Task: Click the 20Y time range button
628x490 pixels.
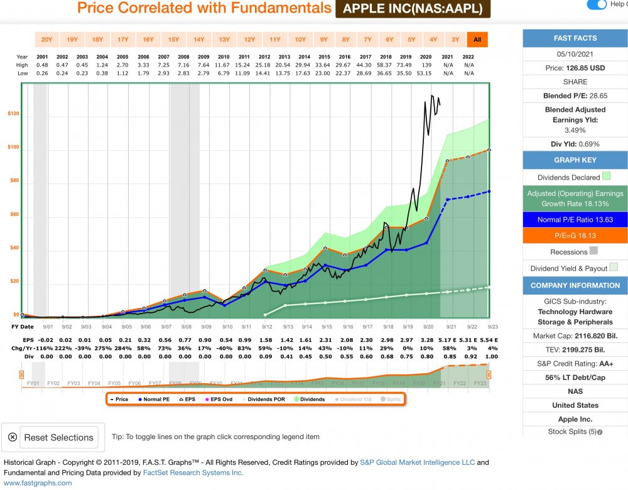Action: [x=46, y=40]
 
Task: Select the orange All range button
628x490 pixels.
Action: [x=477, y=40]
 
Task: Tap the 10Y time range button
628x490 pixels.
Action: [x=300, y=40]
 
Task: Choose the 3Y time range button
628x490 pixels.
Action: [x=455, y=40]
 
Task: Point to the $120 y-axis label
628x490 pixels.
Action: [x=13, y=114]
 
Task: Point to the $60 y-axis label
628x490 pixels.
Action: [x=14, y=215]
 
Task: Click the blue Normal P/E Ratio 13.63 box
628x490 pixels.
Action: [x=575, y=220]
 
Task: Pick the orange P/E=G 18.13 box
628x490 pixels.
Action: [x=575, y=236]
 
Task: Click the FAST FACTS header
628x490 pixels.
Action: [x=575, y=38]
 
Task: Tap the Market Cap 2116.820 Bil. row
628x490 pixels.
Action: [x=575, y=336]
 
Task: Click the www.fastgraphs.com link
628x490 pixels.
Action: [x=38, y=483]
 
